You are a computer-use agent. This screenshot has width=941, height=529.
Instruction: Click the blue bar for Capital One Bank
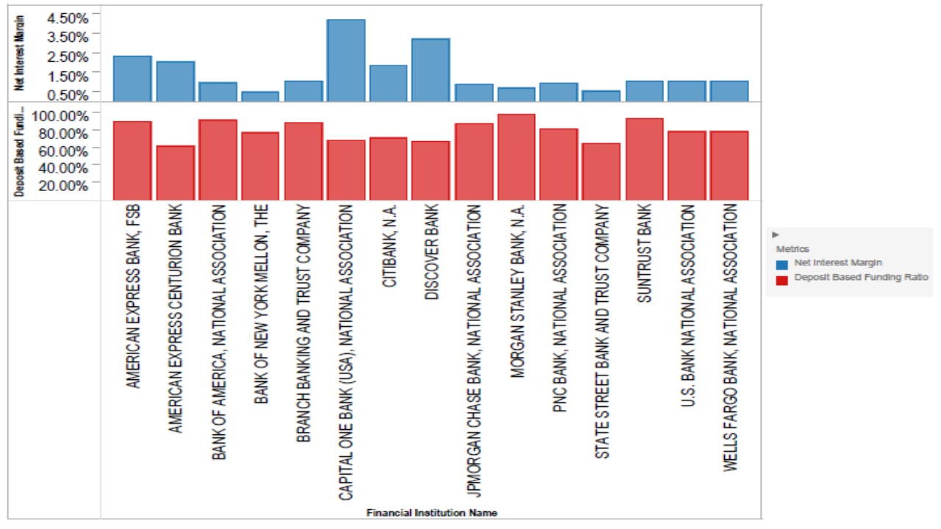pyautogui.click(x=346, y=60)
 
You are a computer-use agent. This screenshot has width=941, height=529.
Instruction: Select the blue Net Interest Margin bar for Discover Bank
pyautogui.click(x=431, y=70)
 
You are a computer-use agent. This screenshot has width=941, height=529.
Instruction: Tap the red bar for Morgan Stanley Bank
pyautogui.click(x=516, y=156)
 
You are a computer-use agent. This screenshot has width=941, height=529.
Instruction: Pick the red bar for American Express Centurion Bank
pyautogui.click(x=175, y=173)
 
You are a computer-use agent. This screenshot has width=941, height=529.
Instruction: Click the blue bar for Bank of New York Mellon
pyautogui.click(x=260, y=96)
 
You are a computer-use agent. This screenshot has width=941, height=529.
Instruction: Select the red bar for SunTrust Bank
pyautogui.click(x=644, y=159)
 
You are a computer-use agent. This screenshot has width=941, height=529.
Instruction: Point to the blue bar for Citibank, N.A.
pyautogui.click(x=388, y=83)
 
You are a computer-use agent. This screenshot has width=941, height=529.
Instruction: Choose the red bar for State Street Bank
pyautogui.click(x=601, y=171)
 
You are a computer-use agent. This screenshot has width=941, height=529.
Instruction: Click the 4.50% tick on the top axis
pyautogui.click(x=68, y=16)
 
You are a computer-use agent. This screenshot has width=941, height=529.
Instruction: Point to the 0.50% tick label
pyautogui.click(x=68, y=95)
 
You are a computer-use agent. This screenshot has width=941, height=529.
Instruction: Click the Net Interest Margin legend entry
pyautogui.click(x=837, y=262)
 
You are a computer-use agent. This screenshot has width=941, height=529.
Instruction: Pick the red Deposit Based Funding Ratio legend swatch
pyautogui.click(x=782, y=278)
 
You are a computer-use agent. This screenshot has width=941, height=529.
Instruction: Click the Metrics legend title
pyautogui.click(x=792, y=249)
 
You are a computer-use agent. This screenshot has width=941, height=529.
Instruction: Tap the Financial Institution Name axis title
pyautogui.click(x=432, y=513)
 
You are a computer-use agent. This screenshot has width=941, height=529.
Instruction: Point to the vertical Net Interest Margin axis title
pyautogui.click(x=20, y=53)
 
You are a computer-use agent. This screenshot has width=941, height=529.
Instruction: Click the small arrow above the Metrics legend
pyautogui.click(x=776, y=234)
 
